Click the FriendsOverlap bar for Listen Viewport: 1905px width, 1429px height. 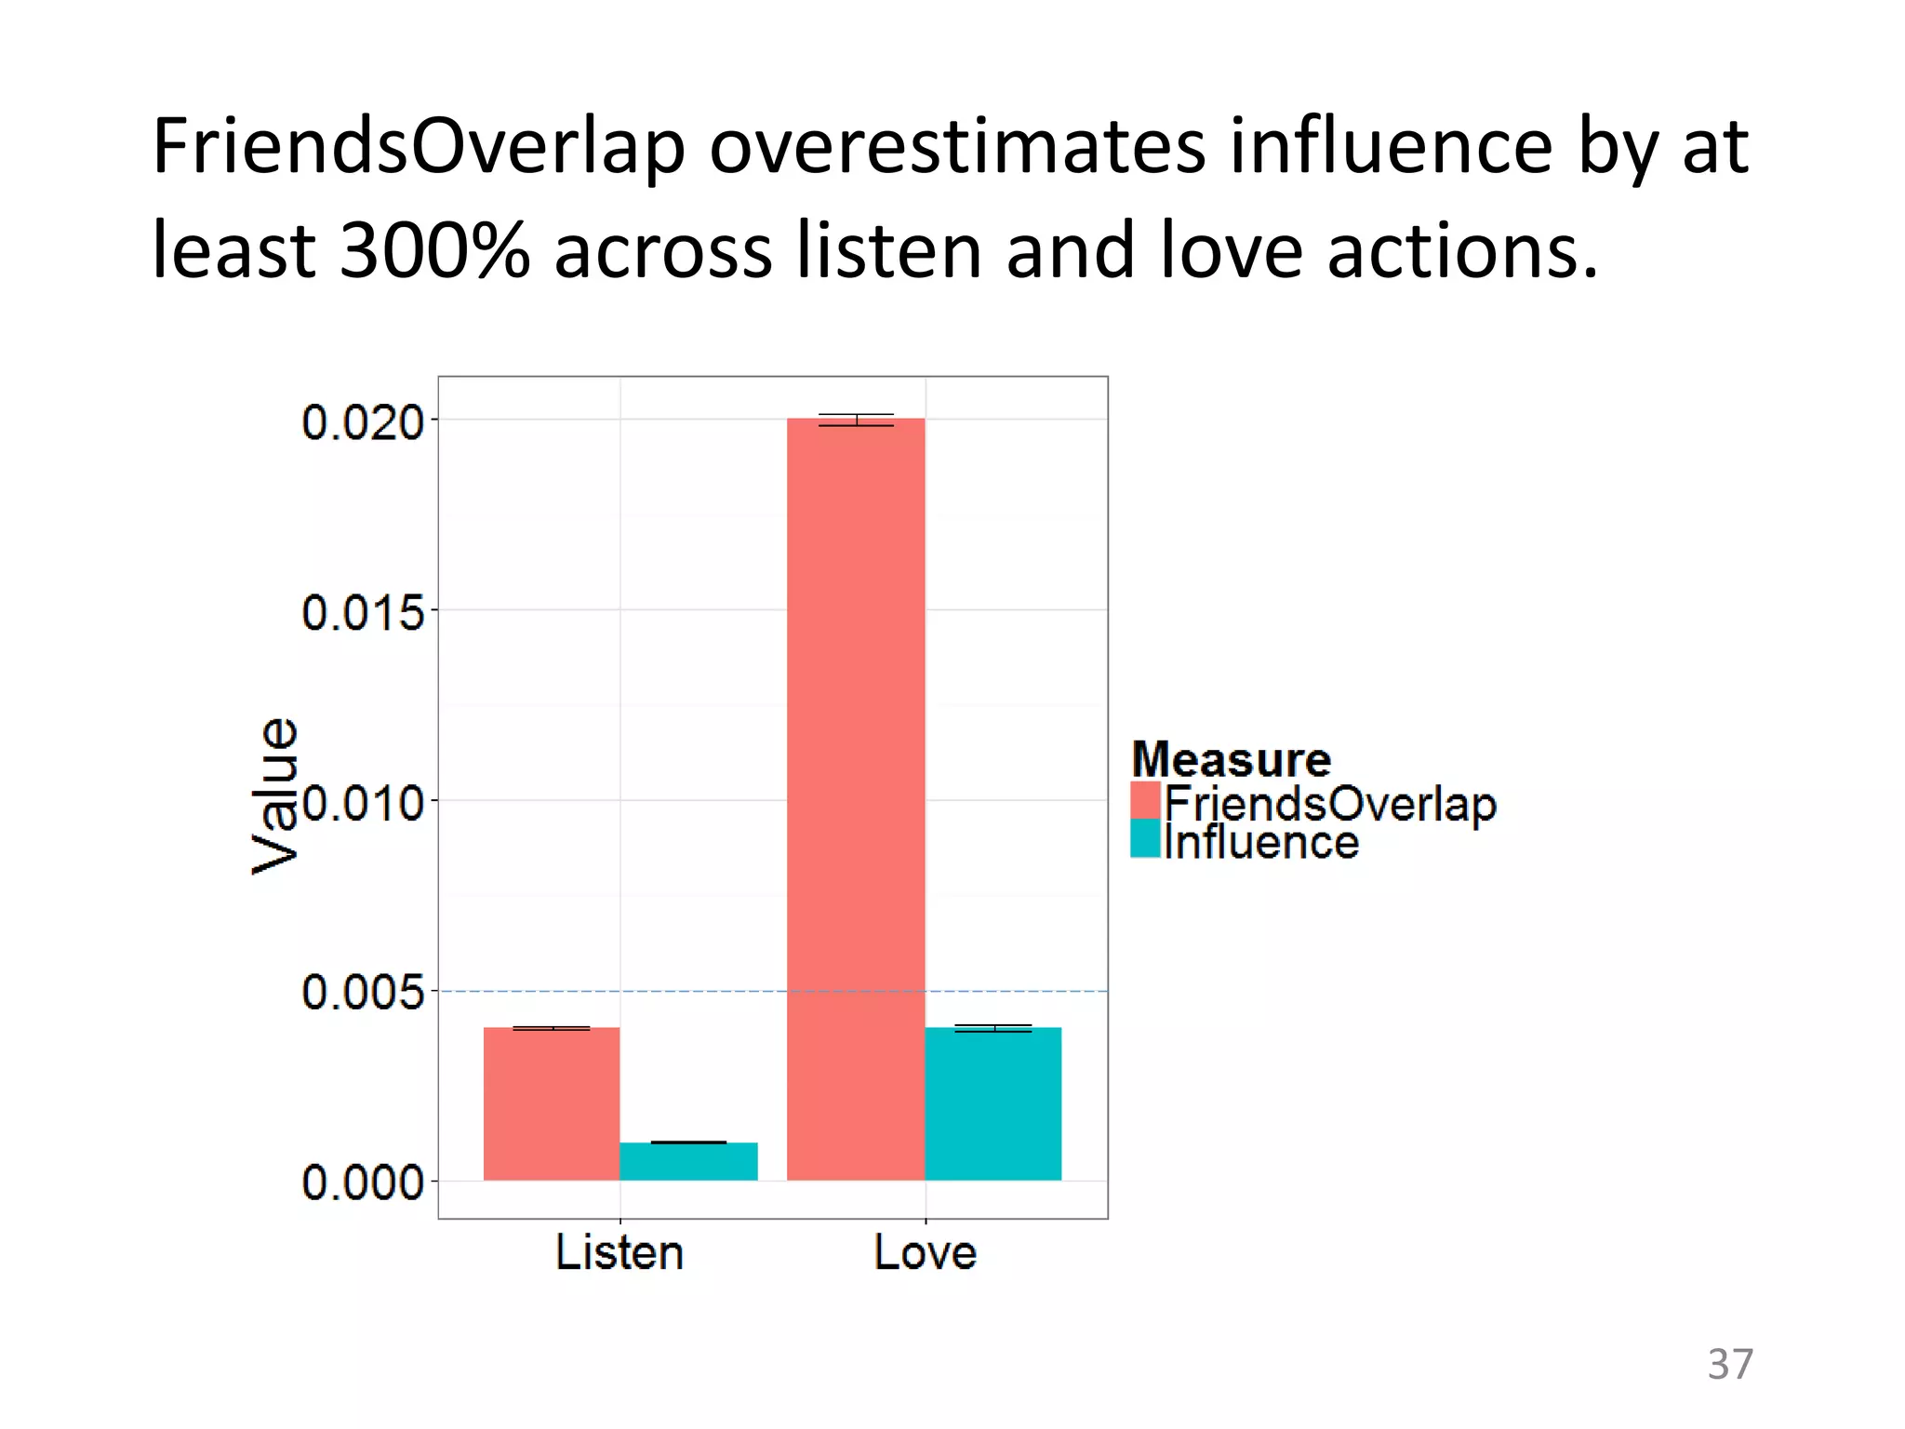point(552,1103)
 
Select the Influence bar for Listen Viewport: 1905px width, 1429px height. point(688,1161)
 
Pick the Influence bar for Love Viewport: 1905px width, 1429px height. point(993,1103)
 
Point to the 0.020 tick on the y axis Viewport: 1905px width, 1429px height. point(363,422)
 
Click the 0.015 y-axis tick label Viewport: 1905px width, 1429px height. point(363,613)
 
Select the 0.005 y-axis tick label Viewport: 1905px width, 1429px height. point(363,993)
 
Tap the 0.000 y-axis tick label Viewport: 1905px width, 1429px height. point(363,1183)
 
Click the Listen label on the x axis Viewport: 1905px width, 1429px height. point(619,1252)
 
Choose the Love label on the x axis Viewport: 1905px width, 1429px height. point(926,1252)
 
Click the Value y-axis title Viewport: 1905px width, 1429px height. point(275,796)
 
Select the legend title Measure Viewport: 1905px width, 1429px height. point(1231,759)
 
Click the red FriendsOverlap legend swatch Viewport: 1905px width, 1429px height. point(1146,801)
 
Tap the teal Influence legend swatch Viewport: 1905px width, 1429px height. point(1146,839)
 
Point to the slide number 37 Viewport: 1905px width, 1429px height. point(1729,1364)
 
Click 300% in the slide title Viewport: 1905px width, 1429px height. point(434,250)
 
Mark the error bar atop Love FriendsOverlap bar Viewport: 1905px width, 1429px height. point(856,420)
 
